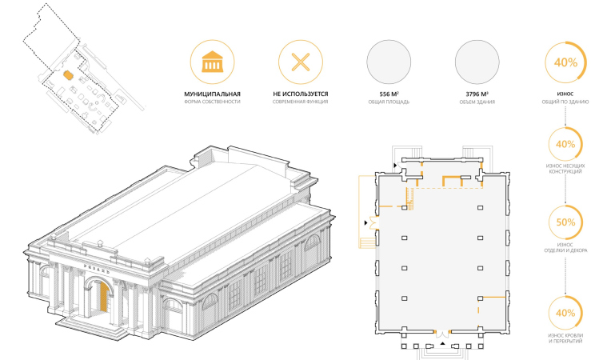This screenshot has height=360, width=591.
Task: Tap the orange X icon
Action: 300,62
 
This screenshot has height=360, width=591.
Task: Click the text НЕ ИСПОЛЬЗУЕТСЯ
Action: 300,94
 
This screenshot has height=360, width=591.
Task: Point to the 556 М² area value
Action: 389,94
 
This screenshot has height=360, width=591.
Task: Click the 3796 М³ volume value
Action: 477,94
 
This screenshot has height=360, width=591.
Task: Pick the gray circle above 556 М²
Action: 389,62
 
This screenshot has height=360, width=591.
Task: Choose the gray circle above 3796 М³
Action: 477,62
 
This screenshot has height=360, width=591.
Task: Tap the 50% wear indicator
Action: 566,223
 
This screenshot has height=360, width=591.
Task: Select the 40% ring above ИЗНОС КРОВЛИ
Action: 566,313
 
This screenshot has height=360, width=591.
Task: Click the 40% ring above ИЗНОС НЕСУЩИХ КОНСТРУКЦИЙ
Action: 566,145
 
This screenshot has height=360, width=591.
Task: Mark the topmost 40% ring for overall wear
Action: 566,62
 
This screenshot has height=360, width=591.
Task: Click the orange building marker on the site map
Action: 68,74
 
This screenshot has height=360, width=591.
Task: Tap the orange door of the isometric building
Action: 104,299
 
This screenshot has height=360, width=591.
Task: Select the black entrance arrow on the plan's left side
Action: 366,221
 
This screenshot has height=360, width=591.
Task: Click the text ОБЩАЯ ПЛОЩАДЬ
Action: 389,103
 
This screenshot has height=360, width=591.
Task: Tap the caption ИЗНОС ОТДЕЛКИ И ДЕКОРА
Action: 566,248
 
